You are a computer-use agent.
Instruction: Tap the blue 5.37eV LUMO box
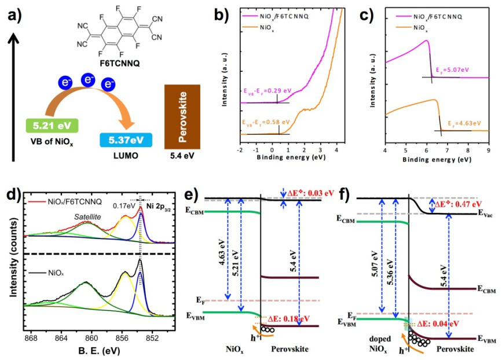pos(125,139)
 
